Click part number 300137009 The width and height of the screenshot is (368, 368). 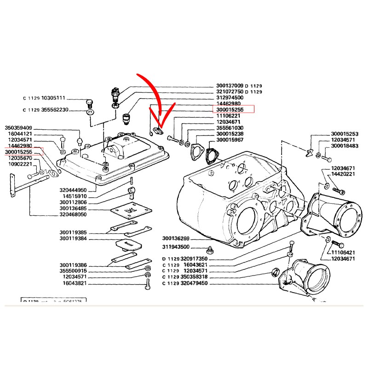point(230,86)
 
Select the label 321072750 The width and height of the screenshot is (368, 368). point(230,92)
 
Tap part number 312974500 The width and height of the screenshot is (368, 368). point(230,98)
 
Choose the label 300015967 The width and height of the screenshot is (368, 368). point(230,140)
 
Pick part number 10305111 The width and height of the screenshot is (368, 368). point(54,98)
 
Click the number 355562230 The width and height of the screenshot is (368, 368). point(54,110)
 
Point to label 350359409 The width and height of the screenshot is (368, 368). point(18,127)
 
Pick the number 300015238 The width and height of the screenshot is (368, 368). point(230,134)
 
